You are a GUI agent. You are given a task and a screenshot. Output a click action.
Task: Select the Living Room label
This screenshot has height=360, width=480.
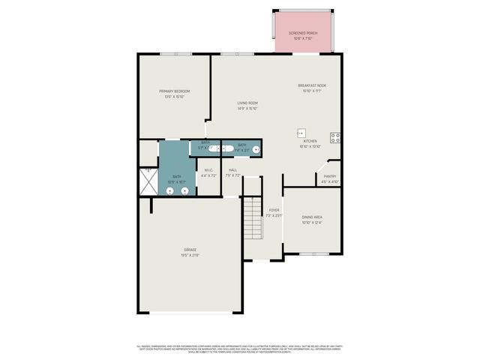(x=247, y=105)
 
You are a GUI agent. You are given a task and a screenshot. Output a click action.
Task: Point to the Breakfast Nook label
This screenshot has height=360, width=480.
(x=311, y=88)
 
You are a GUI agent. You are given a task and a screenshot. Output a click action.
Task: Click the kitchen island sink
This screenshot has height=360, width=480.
(x=302, y=132)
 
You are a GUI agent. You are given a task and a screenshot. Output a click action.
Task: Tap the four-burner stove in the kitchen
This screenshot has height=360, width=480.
(x=335, y=137)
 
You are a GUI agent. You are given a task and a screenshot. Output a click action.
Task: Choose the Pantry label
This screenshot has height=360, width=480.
(x=330, y=178)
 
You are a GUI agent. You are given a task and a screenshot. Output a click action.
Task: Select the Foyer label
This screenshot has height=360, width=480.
(x=274, y=212)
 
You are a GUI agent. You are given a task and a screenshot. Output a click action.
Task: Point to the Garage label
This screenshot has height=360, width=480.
(x=190, y=252)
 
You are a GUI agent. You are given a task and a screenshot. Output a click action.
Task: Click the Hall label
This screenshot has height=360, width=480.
(x=233, y=172)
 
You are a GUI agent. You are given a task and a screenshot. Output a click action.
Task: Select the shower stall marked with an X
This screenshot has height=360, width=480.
(x=147, y=181)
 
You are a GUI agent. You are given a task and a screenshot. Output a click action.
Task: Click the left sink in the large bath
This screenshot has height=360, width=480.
(x=169, y=190)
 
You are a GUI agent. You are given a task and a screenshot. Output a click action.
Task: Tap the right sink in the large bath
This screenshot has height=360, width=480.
(x=184, y=190)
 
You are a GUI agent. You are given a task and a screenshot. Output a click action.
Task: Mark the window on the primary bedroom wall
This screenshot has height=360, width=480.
(x=175, y=53)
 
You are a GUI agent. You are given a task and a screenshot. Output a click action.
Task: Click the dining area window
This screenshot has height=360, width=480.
(x=311, y=254)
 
